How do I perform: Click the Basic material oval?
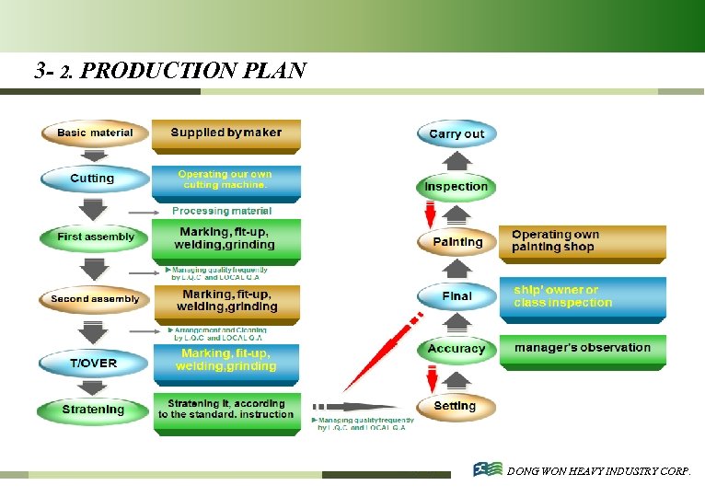(x=95, y=133)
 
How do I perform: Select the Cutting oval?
(x=93, y=179)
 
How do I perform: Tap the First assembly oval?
(x=95, y=237)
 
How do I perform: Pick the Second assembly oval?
(x=95, y=299)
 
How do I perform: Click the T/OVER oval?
(x=94, y=363)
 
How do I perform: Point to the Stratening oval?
(x=93, y=410)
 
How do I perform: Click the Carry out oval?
(x=457, y=133)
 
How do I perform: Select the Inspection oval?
(x=457, y=187)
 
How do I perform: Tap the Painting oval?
(x=457, y=242)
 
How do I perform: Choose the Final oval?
(x=457, y=296)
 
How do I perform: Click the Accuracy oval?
(x=457, y=349)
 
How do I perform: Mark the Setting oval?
(x=456, y=406)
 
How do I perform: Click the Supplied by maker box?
(x=225, y=133)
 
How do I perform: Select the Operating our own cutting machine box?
(x=225, y=180)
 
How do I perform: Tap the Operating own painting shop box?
(x=582, y=242)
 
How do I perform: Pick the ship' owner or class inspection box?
(x=582, y=297)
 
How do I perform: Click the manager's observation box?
(x=582, y=350)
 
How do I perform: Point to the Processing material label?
(x=222, y=212)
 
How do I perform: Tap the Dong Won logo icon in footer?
(x=488, y=470)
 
